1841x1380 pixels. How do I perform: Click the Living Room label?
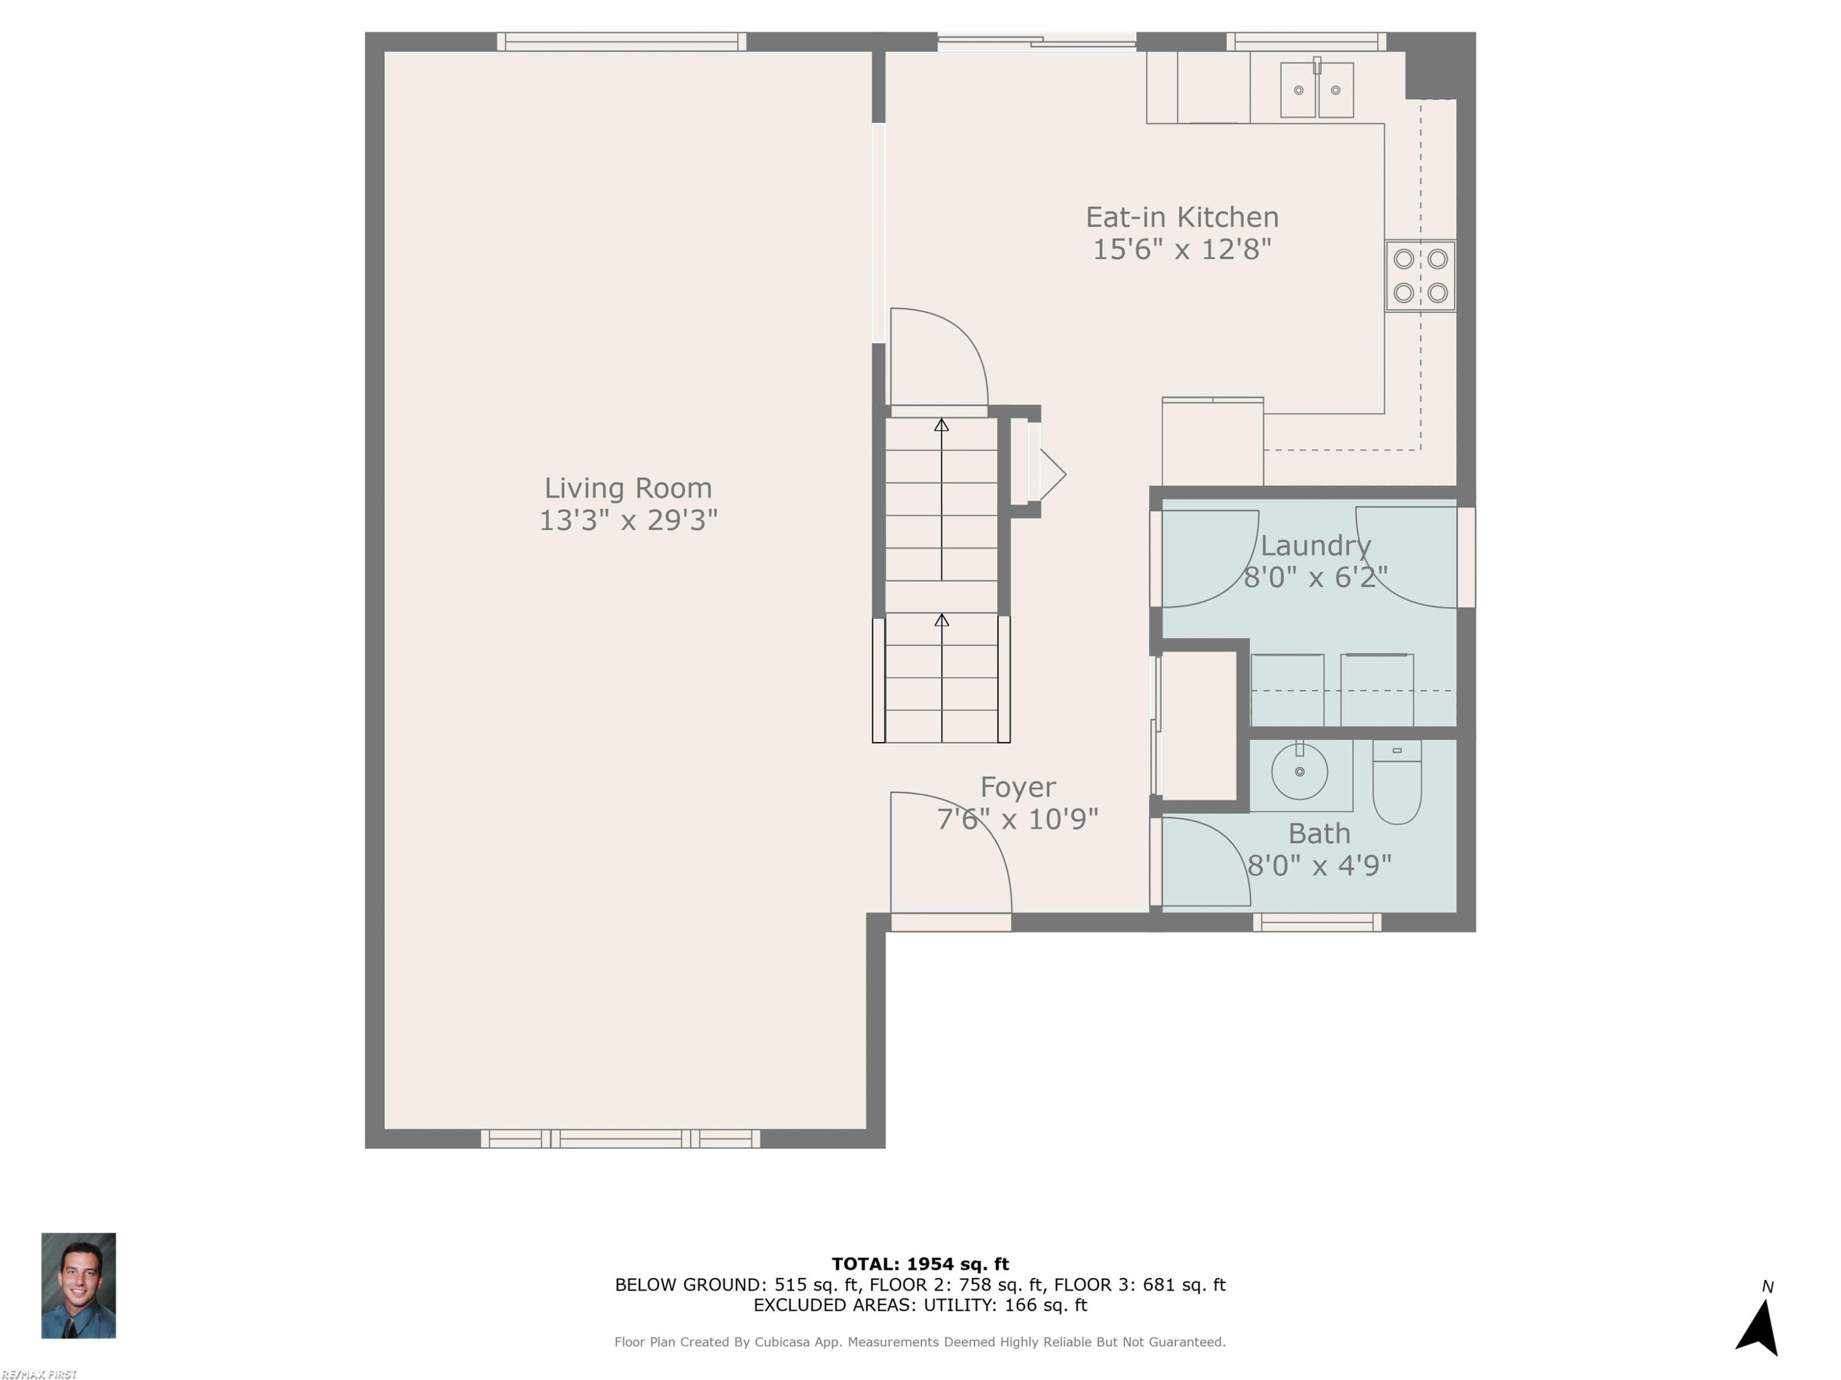pos(628,488)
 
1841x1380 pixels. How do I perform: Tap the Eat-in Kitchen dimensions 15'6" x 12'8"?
pos(1182,250)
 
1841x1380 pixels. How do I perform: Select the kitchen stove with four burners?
pos(1420,276)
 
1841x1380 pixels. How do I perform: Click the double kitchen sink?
pos(1317,88)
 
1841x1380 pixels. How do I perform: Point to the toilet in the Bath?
pos(1397,782)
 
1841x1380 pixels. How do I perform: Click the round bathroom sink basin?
pos(1299,771)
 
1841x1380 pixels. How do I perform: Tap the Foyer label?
pos(1018,787)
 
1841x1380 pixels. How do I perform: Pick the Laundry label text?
pos(1316,546)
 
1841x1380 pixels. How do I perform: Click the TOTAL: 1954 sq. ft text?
pos(920,1264)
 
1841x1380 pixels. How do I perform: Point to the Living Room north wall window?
pos(622,42)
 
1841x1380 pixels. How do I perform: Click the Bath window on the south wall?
pos(1318,922)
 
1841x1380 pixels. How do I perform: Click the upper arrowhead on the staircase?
pos(941,425)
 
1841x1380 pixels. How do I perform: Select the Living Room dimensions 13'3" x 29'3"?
pos(628,521)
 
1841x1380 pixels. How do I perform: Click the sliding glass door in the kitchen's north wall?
pos(1037,40)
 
